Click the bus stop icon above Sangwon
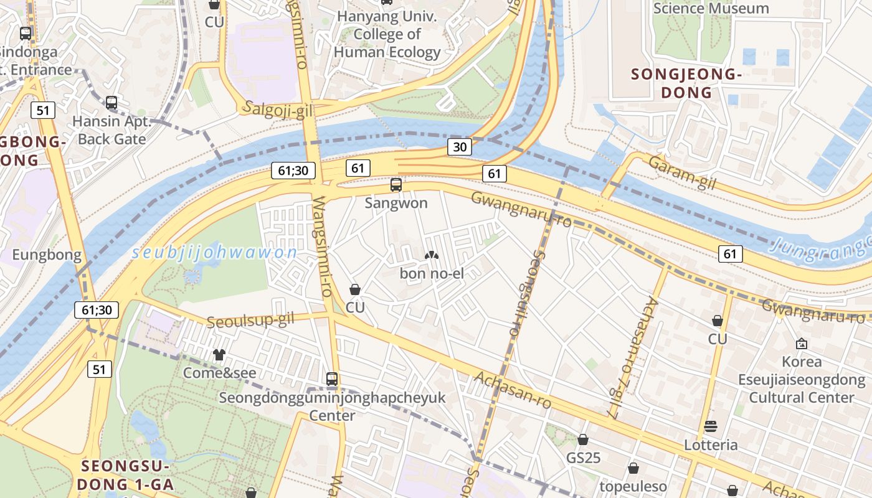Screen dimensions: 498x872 coord(396,185)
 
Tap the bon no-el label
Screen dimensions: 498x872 coord(432,273)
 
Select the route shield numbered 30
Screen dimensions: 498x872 coord(459,147)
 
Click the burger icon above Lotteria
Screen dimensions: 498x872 coord(711,427)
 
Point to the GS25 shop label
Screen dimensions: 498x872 coord(583,458)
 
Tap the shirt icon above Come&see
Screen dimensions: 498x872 coord(219,355)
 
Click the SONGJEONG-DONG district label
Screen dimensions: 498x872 coord(686,83)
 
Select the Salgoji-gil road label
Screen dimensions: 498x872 coord(278,109)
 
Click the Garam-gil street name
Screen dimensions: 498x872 coord(682,172)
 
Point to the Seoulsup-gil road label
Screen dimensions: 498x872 coord(250,321)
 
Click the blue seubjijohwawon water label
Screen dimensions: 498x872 coord(215,253)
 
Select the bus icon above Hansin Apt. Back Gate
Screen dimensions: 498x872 coord(111,103)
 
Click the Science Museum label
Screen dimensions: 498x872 coord(711,9)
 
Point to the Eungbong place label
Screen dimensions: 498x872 coord(47,255)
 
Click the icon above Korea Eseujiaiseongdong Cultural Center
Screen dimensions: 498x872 coord(801,344)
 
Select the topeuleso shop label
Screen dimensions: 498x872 coord(633,486)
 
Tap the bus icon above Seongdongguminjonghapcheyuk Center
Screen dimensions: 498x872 coord(332,378)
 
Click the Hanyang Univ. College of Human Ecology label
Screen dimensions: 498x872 coord(387,35)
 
